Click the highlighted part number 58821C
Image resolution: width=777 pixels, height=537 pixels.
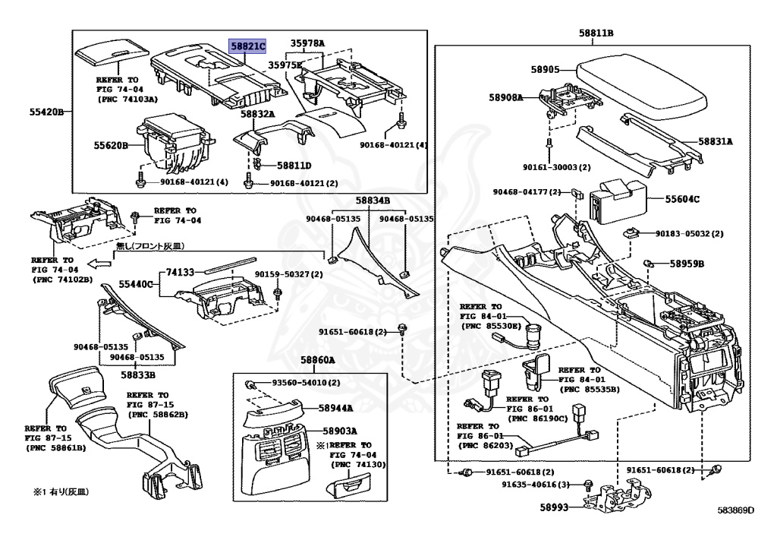pyautogui.click(x=248, y=46)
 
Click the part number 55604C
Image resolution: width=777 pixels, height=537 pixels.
pyautogui.click(x=683, y=200)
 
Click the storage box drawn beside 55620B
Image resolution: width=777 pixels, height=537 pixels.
pyautogui.click(x=173, y=144)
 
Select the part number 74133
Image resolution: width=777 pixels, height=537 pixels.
pyautogui.click(x=181, y=270)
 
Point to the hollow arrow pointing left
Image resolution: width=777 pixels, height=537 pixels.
pyautogui.click(x=99, y=264)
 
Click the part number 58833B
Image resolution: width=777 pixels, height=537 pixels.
pyautogui.click(x=135, y=374)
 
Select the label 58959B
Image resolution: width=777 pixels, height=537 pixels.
pyautogui.click(x=687, y=264)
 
